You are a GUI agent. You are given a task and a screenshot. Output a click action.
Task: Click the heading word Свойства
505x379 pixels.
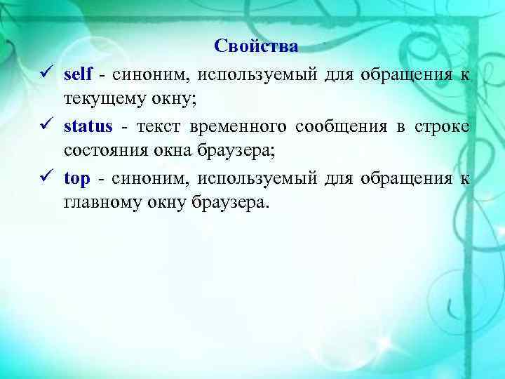[x=256, y=47]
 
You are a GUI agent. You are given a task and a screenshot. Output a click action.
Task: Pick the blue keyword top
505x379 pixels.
[x=76, y=178]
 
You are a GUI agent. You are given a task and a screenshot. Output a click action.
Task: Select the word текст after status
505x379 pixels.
[x=159, y=126]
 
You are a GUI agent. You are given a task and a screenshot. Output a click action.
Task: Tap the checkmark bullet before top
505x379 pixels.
[x=44, y=178]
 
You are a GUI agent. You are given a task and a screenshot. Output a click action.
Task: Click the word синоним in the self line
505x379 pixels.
[x=149, y=74]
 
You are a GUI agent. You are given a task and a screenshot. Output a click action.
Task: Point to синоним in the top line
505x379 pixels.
[x=151, y=178]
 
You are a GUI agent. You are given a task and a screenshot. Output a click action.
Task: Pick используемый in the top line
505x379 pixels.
[x=257, y=178]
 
